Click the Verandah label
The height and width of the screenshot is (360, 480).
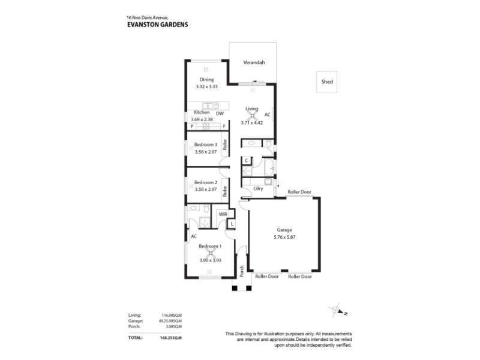pyautogui.click(x=254, y=62)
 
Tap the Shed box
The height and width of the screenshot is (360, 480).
pyautogui.click(x=326, y=82)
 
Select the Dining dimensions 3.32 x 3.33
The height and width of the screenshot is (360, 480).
pyautogui.click(x=206, y=86)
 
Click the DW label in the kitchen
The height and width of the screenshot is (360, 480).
pyautogui.click(x=220, y=113)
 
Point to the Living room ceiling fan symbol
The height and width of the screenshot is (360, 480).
pyautogui.click(x=251, y=116)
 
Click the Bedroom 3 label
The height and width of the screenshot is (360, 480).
pyautogui.click(x=205, y=145)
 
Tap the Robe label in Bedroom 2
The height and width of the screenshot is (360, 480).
pyautogui.click(x=225, y=191)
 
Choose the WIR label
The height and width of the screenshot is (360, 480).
pyautogui.click(x=223, y=214)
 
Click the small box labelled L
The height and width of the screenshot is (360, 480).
pyautogui.click(x=232, y=224)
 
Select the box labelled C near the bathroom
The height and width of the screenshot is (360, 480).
pyautogui.click(x=247, y=160)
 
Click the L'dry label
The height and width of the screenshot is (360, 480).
pyautogui.click(x=258, y=188)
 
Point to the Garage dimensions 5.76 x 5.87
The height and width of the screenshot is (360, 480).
pyautogui.click(x=284, y=237)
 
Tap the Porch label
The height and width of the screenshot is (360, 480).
pyautogui.click(x=242, y=272)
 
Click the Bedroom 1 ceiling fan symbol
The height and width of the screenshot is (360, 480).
pyautogui.click(x=211, y=253)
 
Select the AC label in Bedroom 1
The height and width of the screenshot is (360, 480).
pyautogui.click(x=194, y=236)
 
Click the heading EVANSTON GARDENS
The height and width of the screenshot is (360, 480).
pyautogui.click(x=158, y=25)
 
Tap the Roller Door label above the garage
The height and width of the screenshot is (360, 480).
pyautogui.click(x=299, y=192)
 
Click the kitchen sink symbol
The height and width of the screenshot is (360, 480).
pyautogui.click(x=211, y=106)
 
